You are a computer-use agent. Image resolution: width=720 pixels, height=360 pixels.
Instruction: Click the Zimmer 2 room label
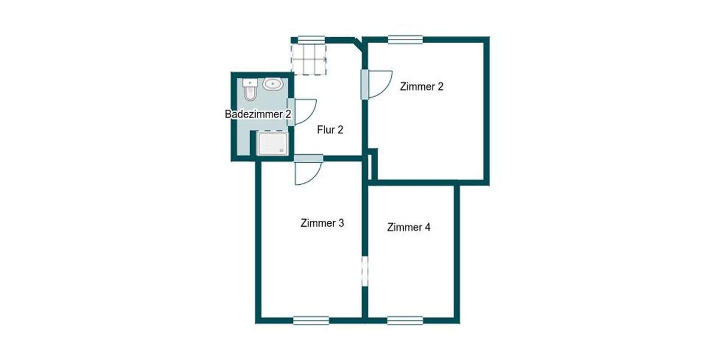(422, 86)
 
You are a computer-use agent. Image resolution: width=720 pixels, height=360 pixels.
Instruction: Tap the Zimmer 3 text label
(322, 223)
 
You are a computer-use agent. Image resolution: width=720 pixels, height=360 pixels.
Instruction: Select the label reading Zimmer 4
(409, 227)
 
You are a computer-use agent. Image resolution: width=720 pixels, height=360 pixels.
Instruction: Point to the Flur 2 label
(329, 129)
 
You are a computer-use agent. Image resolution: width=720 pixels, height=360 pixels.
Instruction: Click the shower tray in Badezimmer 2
(272, 145)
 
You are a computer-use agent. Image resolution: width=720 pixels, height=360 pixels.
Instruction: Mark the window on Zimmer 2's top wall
(405, 40)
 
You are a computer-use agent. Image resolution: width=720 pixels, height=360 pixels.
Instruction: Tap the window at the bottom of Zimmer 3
(311, 320)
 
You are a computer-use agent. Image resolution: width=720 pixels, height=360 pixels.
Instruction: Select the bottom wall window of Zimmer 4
(405, 320)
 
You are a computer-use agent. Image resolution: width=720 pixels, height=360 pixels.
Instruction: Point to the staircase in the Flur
(310, 58)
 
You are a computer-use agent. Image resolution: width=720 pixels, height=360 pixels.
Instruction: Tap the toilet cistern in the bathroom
(249, 83)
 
